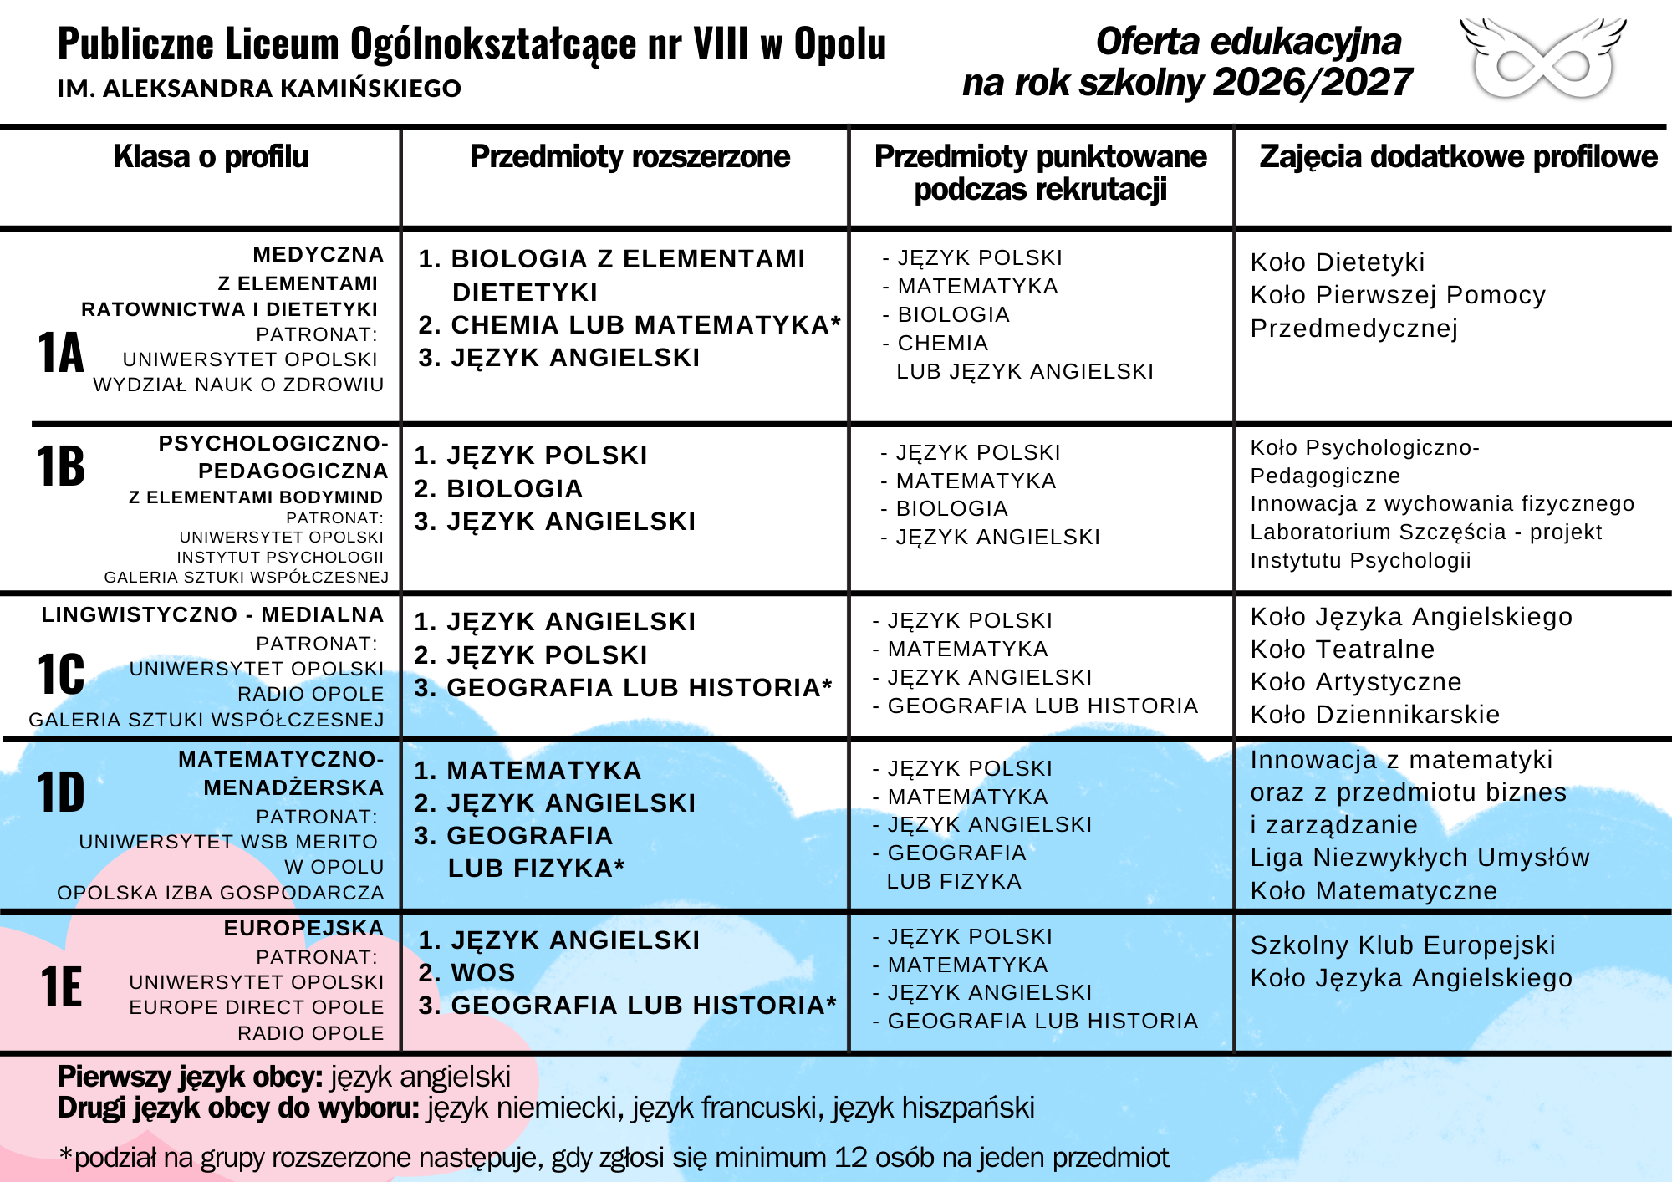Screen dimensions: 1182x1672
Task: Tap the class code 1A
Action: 61,353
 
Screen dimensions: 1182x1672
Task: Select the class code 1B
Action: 61,466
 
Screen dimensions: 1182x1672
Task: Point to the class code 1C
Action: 61,674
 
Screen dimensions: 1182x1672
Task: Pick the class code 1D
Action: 61,792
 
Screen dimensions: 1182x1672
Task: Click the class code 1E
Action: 61,987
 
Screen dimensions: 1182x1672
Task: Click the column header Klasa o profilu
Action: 211,157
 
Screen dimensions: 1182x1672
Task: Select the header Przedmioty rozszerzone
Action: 630,157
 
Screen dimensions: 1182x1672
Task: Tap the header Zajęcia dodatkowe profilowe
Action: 1458,157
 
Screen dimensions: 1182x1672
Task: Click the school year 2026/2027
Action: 1313,83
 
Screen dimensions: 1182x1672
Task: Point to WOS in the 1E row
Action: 482,973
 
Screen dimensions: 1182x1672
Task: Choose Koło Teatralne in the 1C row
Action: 1342,650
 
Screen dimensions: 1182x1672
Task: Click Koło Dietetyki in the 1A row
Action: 1337,262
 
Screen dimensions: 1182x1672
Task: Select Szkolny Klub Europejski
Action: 1402,945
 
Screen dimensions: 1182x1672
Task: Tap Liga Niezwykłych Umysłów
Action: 1419,858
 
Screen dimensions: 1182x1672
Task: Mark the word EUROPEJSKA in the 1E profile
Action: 303,929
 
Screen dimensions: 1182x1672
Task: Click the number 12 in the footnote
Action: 851,1158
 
